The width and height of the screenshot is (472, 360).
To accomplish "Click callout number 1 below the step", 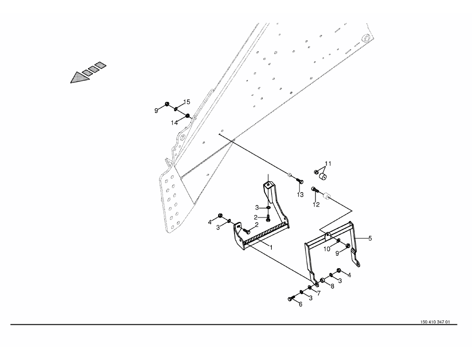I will [x=271, y=247].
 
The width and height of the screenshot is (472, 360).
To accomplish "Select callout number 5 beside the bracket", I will [x=370, y=238].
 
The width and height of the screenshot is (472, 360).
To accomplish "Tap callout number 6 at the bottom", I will [x=301, y=304].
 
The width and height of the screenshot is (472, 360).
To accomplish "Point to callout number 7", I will [x=318, y=293].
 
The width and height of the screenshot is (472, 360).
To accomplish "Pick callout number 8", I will [x=332, y=287].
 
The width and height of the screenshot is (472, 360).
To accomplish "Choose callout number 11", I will [x=328, y=163].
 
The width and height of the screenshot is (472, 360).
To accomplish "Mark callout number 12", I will [x=316, y=204].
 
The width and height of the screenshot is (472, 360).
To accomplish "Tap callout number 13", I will [x=300, y=195].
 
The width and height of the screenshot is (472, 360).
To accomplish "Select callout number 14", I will [x=174, y=123].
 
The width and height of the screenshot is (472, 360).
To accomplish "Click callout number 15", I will [x=186, y=102].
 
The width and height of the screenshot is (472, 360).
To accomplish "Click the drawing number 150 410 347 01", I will [x=434, y=322].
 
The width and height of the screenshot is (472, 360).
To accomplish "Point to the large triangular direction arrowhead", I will [x=78, y=77].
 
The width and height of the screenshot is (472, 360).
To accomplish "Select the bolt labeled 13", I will [x=297, y=181].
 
